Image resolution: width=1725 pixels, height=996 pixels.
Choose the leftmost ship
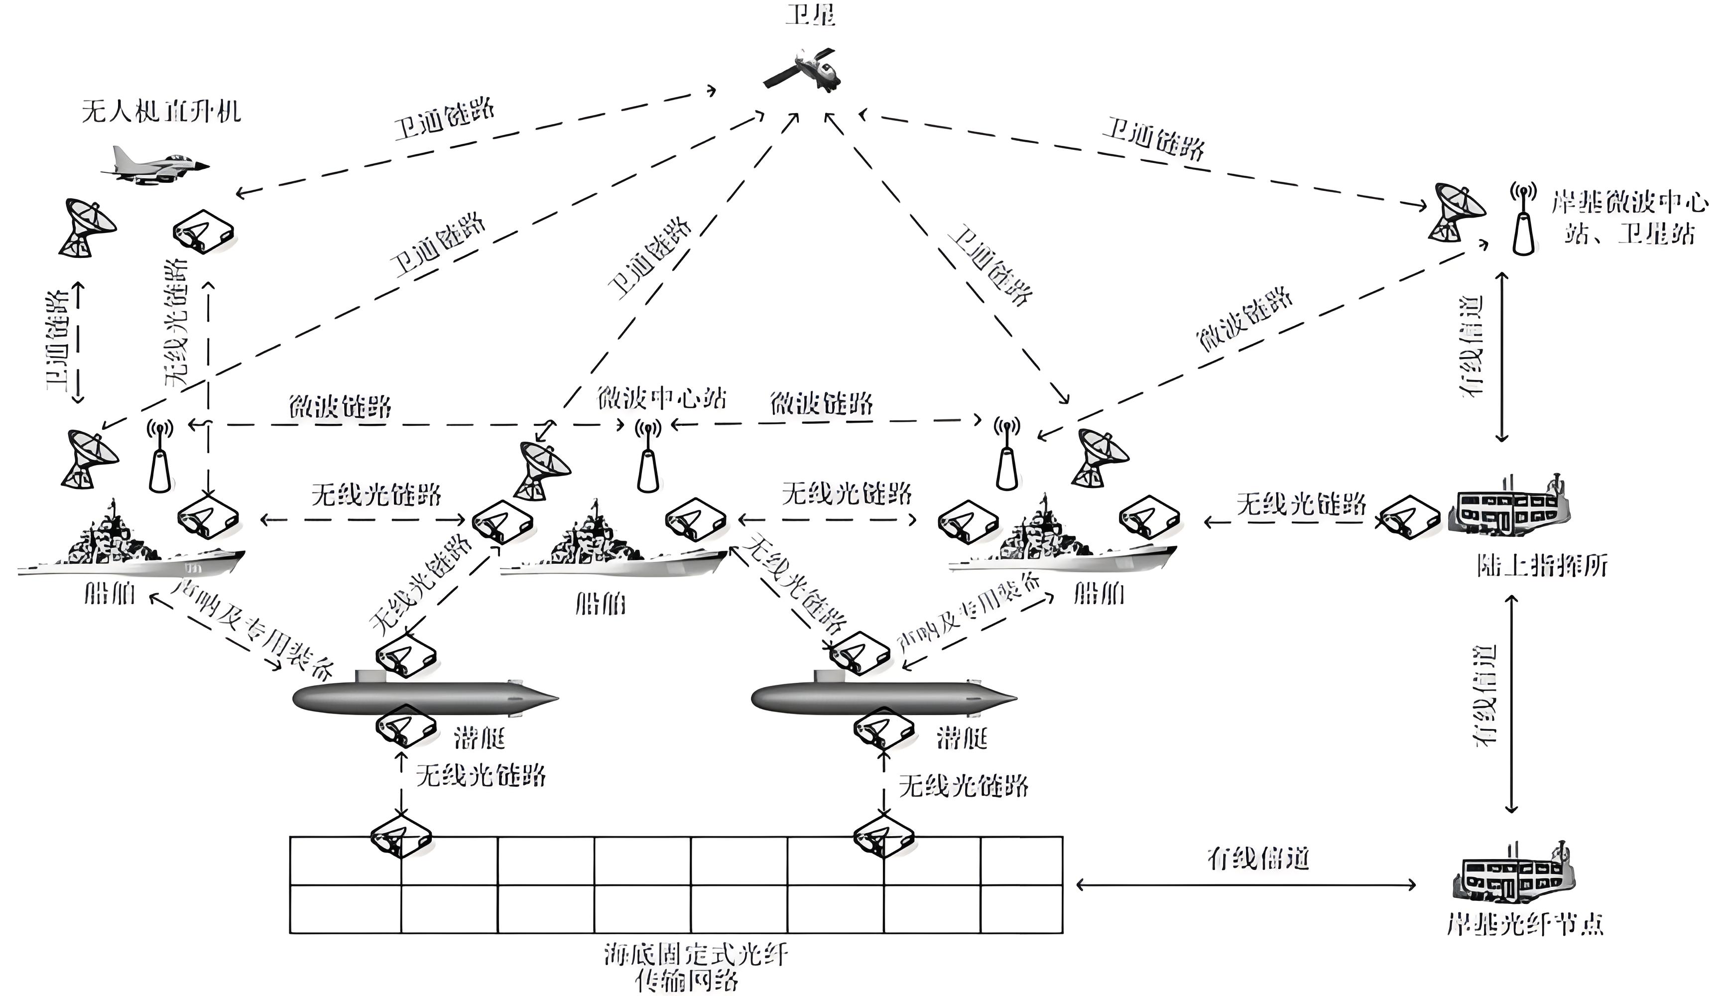click(130, 547)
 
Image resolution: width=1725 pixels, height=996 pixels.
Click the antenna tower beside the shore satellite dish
click(1523, 220)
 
